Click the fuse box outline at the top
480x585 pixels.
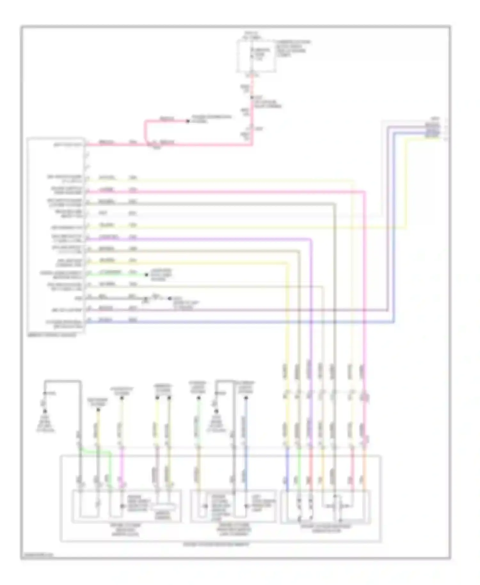[x=256, y=56]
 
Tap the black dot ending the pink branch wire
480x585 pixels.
[x=188, y=121]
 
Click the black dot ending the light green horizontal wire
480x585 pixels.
[x=147, y=275]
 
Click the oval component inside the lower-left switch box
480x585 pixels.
[x=164, y=507]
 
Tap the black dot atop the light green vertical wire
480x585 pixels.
[x=198, y=398]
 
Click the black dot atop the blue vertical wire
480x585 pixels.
[x=246, y=398]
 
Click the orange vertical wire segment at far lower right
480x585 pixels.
[x=364, y=470]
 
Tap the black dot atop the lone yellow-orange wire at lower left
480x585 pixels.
[x=98, y=410]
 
